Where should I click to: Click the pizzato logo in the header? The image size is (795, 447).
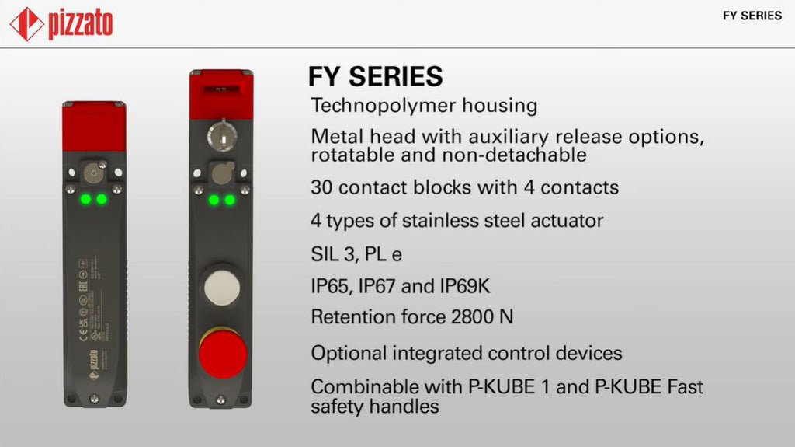(x=61, y=23)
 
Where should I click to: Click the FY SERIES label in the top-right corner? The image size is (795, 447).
(x=752, y=16)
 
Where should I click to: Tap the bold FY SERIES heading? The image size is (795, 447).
(x=376, y=76)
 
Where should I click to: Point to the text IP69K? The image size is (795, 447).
(x=465, y=287)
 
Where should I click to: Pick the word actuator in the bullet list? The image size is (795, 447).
(x=567, y=221)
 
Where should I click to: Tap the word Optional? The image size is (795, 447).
(x=348, y=353)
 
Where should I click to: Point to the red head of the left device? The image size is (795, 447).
(x=94, y=122)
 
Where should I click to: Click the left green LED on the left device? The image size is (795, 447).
(x=85, y=200)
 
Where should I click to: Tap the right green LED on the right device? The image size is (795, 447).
(x=230, y=200)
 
